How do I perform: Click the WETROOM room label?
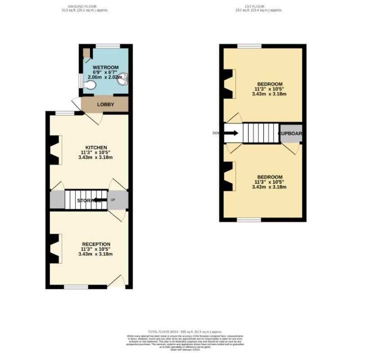pyautogui.click(x=106, y=67)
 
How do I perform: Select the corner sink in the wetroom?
pyautogui.click(x=124, y=80)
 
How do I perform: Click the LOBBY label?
pyautogui.click(x=106, y=104)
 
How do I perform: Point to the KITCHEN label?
pyautogui.click(x=97, y=148)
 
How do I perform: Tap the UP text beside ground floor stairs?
pyautogui.click(x=113, y=200)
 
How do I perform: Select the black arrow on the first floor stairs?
pyautogui.click(x=231, y=133)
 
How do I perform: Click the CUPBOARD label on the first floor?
pyautogui.click(x=290, y=134)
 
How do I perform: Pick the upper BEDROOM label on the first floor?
pyautogui.click(x=270, y=84)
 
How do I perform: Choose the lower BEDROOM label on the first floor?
pyautogui.click(x=270, y=177)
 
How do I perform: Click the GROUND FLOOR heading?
pyautogui.click(x=85, y=6)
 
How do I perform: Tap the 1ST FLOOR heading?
pyautogui.click(x=259, y=6)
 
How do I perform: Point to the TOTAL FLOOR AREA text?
pyautogui.click(x=185, y=332)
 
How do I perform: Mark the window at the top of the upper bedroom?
pyautogui.click(x=249, y=45)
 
